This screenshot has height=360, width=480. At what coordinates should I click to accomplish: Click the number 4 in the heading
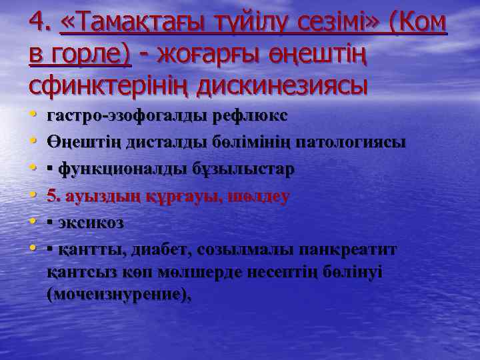click(37, 24)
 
